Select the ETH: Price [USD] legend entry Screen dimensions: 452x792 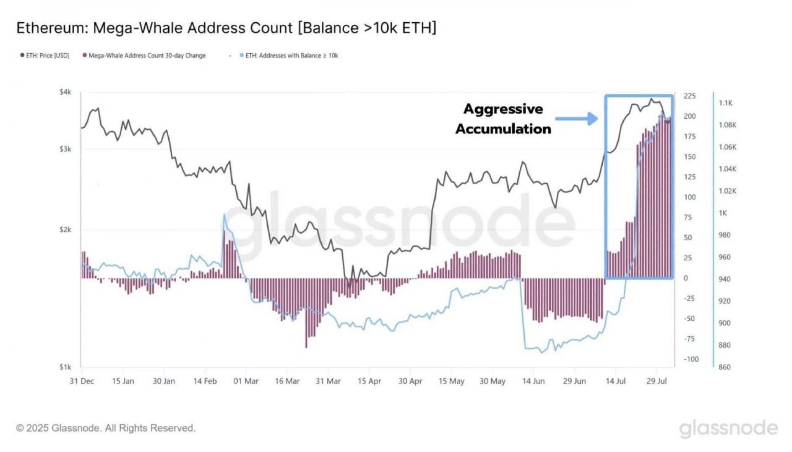tap(45, 56)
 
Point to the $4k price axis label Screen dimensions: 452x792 tap(65, 92)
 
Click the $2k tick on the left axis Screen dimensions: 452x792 tap(65, 230)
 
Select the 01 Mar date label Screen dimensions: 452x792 tap(246, 381)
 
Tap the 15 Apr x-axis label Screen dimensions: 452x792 tap(369, 381)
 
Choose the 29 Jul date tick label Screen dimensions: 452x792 tap(656, 381)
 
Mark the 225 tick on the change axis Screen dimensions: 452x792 tap(689, 96)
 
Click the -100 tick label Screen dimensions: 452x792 tap(691, 359)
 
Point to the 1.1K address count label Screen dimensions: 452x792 tap(726, 103)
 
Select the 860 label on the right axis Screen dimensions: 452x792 tap(724, 367)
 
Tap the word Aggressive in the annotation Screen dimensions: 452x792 tap(503, 109)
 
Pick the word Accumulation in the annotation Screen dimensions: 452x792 tap(503, 129)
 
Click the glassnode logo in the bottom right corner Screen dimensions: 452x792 tap(728, 429)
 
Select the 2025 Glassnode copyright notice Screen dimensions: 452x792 tap(106, 428)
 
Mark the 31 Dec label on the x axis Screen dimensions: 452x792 tap(82, 381)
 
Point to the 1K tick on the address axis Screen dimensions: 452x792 tap(723, 213)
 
